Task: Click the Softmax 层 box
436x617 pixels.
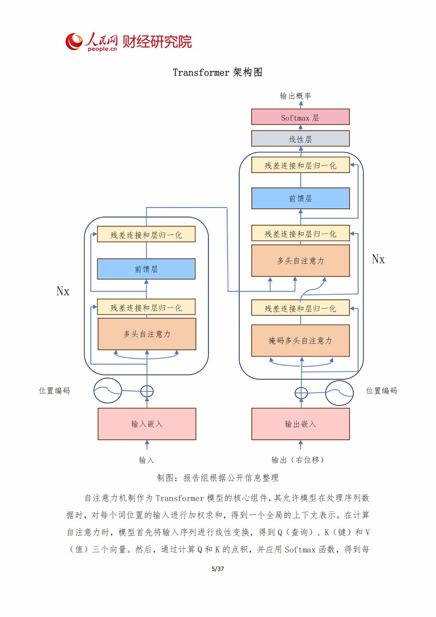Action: (x=300, y=117)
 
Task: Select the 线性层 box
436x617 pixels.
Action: (x=300, y=138)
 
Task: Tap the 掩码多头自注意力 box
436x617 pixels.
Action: (x=300, y=340)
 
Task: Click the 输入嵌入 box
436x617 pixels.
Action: (x=147, y=424)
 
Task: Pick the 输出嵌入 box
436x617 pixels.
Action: (x=300, y=424)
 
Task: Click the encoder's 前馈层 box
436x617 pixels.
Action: (x=146, y=269)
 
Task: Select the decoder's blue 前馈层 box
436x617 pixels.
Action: (x=300, y=198)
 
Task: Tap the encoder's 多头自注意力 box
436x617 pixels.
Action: (x=147, y=334)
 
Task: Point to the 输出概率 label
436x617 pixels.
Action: (x=295, y=96)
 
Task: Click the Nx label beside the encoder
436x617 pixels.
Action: (x=63, y=291)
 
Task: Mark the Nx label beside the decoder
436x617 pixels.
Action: (x=378, y=259)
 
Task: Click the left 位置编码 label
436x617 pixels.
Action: (x=54, y=390)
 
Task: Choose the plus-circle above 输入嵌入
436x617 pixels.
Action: (x=147, y=391)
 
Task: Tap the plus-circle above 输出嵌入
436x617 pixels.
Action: (x=301, y=393)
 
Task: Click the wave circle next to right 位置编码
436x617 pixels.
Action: (x=339, y=393)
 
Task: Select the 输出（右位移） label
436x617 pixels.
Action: (x=297, y=460)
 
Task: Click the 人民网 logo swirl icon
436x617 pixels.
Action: (x=74, y=42)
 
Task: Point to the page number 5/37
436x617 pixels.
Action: (x=218, y=569)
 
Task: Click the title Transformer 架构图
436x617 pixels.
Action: (x=217, y=72)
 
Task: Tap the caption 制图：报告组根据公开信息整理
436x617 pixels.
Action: (x=218, y=478)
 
